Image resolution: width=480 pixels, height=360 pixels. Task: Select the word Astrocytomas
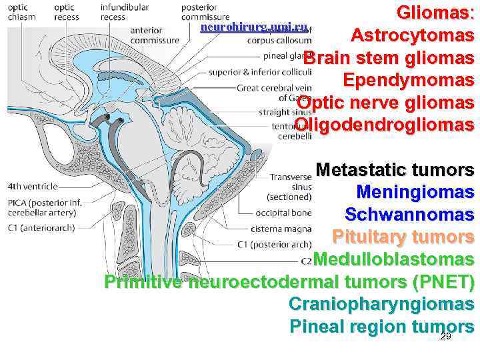pos(413,35)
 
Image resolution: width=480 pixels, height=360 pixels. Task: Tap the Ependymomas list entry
pos(408,81)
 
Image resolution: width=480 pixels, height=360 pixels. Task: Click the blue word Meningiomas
pos(415,193)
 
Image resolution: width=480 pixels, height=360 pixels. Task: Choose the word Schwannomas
pos(409,215)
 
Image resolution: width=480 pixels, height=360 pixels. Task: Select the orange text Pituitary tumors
pos(403,237)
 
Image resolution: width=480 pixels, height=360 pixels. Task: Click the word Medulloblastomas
pos(393,259)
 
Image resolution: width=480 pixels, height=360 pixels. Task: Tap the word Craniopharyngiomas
pos(381,304)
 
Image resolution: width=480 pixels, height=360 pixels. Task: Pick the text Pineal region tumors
pos(381,327)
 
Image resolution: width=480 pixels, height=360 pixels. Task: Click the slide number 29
pos(446,337)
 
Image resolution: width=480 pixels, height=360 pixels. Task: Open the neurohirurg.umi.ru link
pos(253,27)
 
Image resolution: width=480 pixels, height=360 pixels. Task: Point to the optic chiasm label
pos(22,12)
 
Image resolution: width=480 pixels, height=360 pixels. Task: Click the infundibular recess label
pos(123,12)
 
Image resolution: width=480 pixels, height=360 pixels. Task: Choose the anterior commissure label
pos(154,35)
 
